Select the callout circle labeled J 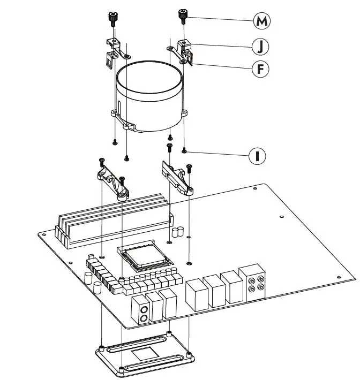(261, 47)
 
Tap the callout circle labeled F (261, 69)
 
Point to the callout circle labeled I (258, 156)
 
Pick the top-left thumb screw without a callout (112, 18)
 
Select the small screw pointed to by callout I (184, 150)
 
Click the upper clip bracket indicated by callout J (185, 50)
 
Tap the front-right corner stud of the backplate (189, 353)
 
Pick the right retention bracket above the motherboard (176, 179)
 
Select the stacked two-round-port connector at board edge (143, 314)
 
